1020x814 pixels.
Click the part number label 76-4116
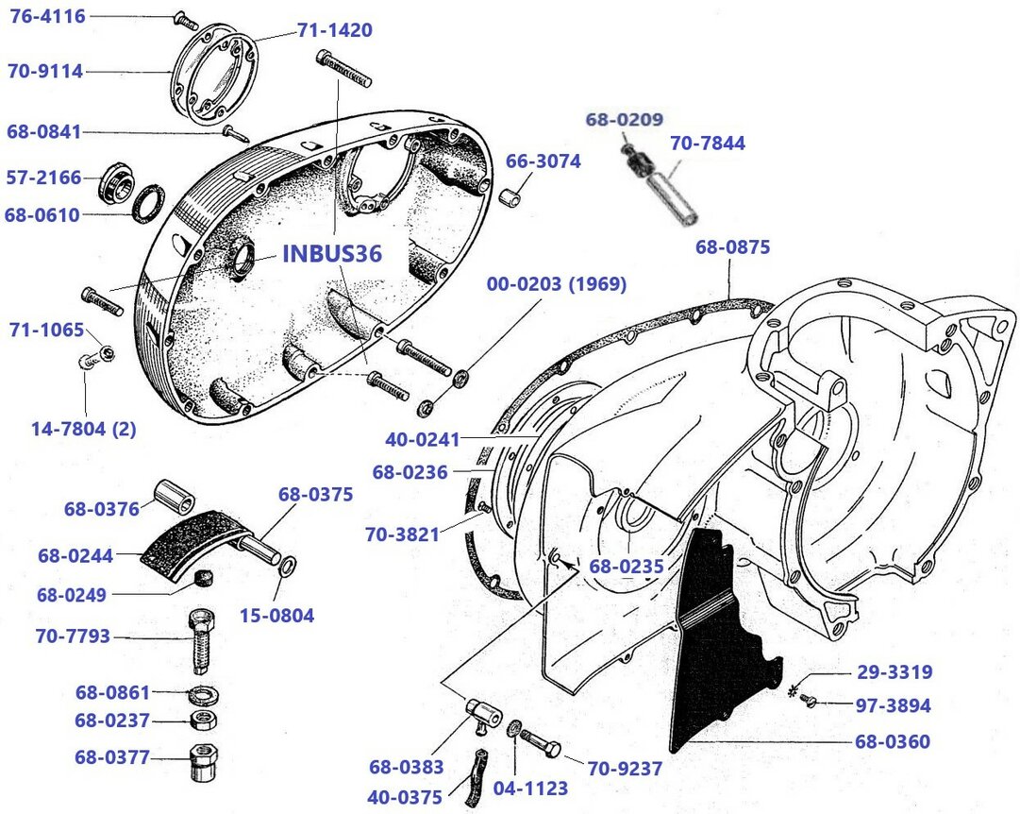click(47, 16)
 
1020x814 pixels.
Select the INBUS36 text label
click(332, 255)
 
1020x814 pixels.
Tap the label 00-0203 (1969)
click(557, 284)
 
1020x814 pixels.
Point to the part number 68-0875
click(733, 247)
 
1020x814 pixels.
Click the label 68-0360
click(892, 741)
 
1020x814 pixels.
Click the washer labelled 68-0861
click(201, 696)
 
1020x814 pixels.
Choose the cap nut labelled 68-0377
click(202, 760)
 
